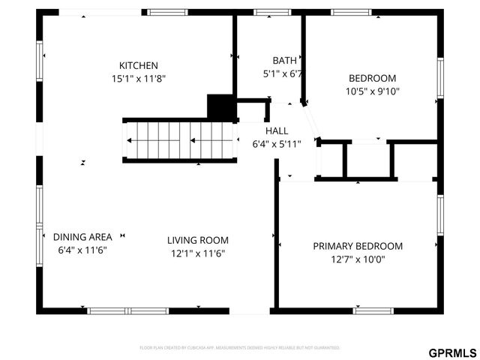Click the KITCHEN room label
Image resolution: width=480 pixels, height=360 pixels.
(139, 65)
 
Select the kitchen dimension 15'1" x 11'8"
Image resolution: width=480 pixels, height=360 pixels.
(139, 78)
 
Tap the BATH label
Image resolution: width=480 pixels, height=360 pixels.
(284, 61)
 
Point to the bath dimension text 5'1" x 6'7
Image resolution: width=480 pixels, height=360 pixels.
(283, 73)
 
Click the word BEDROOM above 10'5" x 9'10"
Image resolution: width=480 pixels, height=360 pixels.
(372, 78)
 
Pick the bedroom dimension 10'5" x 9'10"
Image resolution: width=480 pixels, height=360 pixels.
(372, 91)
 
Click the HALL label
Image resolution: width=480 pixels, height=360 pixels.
(276, 130)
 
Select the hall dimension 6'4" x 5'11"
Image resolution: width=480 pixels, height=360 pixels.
(276, 144)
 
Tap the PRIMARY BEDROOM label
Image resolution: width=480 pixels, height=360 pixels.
(358, 246)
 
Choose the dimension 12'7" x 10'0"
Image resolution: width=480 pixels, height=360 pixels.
(358, 259)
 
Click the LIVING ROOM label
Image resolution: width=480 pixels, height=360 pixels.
(197, 240)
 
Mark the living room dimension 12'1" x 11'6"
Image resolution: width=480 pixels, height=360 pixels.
(197, 253)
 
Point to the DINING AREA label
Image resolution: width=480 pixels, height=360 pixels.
(82, 237)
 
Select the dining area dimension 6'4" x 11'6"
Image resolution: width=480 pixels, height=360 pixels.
(82, 250)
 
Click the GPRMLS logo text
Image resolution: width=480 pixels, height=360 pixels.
(452, 352)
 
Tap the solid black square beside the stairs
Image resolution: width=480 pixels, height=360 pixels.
(220, 106)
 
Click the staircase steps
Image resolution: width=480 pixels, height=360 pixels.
(180, 139)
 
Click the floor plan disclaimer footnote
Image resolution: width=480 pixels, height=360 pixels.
(240, 348)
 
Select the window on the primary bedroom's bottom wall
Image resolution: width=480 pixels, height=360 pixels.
(373, 310)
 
